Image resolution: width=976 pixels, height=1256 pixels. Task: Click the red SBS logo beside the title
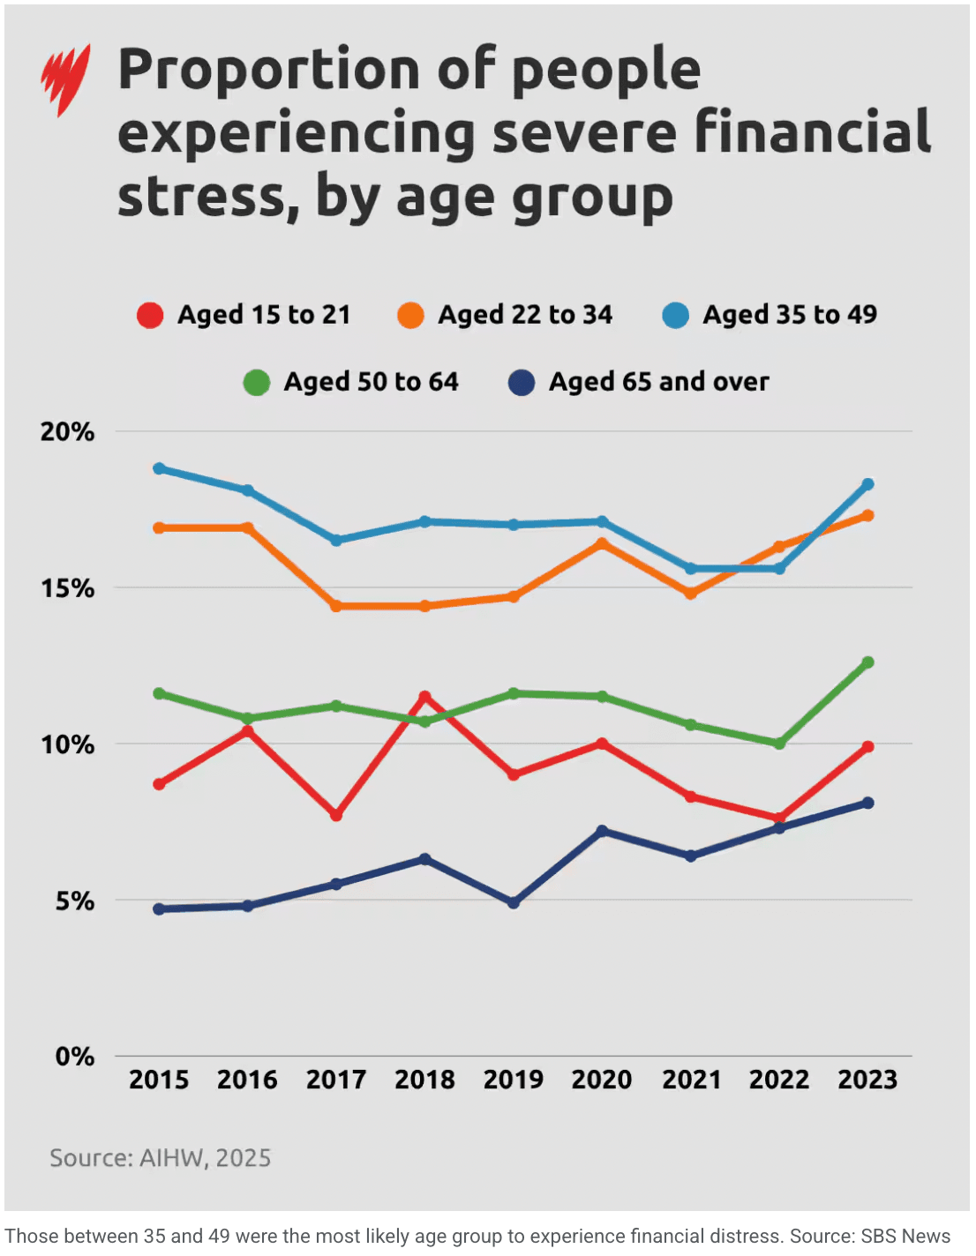[65, 79]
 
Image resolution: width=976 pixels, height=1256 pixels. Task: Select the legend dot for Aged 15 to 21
[150, 315]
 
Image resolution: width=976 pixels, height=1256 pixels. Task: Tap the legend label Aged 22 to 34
[525, 315]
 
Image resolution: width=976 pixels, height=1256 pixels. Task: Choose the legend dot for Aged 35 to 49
[676, 315]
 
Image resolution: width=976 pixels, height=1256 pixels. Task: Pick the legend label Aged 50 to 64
[371, 382]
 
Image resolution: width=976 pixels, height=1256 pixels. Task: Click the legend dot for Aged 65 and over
[522, 382]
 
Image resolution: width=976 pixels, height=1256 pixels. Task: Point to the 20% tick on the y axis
[67, 432]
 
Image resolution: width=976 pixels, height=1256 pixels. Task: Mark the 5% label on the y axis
[74, 901]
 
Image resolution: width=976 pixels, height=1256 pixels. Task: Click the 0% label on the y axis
[74, 1057]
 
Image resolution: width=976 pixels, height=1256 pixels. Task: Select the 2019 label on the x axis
[514, 1080]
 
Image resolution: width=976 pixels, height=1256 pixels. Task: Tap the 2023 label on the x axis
[867, 1080]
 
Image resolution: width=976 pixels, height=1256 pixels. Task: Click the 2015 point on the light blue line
[159, 468]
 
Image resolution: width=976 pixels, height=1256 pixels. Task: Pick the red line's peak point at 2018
[424, 697]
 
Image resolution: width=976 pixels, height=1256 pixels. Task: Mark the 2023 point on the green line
[868, 662]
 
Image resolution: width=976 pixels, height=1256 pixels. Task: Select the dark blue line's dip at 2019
[514, 903]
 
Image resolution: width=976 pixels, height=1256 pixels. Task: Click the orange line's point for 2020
[602, 543]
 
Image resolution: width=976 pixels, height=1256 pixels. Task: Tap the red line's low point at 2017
[336, 815]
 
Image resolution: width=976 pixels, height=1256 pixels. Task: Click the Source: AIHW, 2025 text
[160, 1158]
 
